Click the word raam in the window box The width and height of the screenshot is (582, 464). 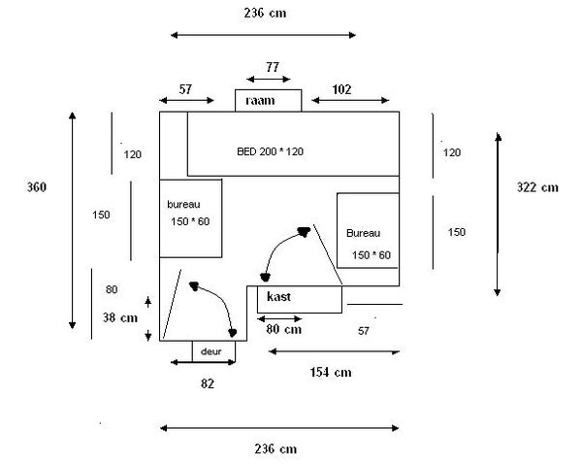(260, 101)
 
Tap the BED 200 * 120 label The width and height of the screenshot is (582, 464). (270, 151)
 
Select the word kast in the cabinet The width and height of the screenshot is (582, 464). (278, 296)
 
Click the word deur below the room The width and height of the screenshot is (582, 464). (210, 351)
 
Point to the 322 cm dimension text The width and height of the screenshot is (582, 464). (537, 187)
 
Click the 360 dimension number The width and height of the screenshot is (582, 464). (37, 187)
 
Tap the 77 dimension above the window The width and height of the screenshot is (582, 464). (272, 67)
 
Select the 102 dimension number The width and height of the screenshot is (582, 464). (341, 89)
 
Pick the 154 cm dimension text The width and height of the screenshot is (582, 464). (331, 372)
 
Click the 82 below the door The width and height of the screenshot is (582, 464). (208, 383)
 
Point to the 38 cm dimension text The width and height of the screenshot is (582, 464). (120, 317)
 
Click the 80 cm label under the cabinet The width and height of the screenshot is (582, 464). (284, 329)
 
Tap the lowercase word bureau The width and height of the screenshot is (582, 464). (183, 204)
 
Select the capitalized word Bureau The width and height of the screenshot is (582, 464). (364, 233)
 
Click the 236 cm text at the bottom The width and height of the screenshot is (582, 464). (275, 449)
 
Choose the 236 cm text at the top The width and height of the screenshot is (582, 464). (265, 14)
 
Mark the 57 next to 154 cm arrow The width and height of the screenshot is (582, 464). (364, 331)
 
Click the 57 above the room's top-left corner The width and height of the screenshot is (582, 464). (185, 89)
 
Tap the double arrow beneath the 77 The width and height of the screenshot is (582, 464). (269, 79)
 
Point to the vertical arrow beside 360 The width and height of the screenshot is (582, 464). (73, 220)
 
